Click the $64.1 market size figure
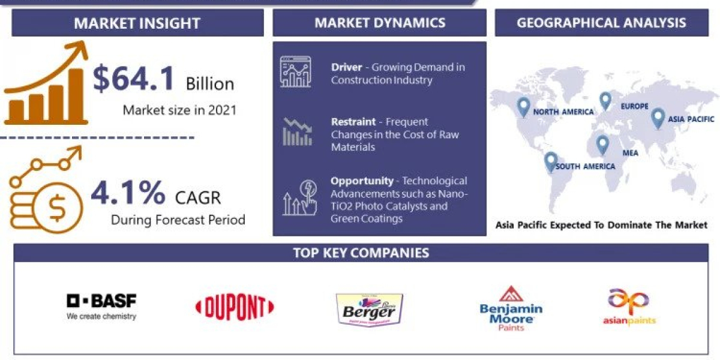pyautogui.click(x=134, y=79)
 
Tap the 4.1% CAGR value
pyautogui.click(x=128, y=193)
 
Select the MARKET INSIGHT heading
pyautogui.click(x=137, y=24)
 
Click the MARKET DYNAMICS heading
pyautogui.click(x=380, y=23)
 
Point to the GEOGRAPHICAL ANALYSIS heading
pyautogui.click(x=601, y=23)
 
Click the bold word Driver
pyautogui.click(x=346, y=67)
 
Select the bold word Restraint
pyautogui.click(x=353, y=122)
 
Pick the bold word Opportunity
pyautogui.click(x=362, y=181)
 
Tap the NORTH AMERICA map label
pyautogui.click(x=563, y=112)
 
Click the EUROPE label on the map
pyautogui.click(x=634, y=106)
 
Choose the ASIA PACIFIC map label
pyautogui.click(x=692, y=119)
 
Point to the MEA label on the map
pyautogui.click(x=630, y=153)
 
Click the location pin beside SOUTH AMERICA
pyautogui.click(x=550, y=161)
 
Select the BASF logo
pyautogui.click(x=101, y=305)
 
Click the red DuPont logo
pyautogui.click(x=235, y=308)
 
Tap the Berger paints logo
pyautogui.click(x=368, y=309)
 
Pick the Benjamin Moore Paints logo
pyautogui.click(x=511, y=308)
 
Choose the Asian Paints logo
pyautogui.click(x=629, y=307)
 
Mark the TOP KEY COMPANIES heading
pyautogui.click(x=361, y=253)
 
